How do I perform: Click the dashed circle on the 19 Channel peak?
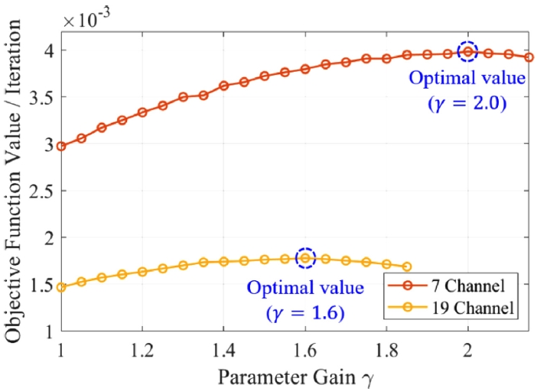pyautogui.click(x=305, y=258)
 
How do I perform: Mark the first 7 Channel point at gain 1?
pyautogui.click(x=61, y=146)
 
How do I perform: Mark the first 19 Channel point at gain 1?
pyautogui.click(x=61, y=288)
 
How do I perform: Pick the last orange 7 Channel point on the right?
pyautogui.click(x=529, y=57)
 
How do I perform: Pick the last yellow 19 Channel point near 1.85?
pyautogui.click(x=406, y=267)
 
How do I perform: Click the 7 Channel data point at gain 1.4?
pyautogui.click(x=223, y=86)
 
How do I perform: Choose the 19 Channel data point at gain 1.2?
pyautogui.click(x=142, y=271)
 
